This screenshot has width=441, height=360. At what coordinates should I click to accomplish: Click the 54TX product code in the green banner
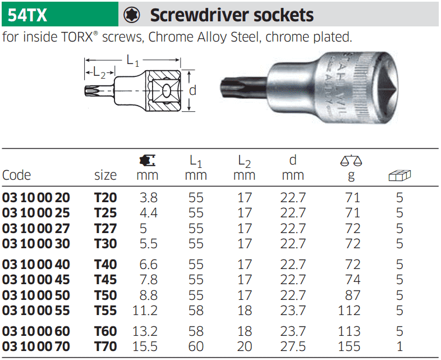tap(27, 15)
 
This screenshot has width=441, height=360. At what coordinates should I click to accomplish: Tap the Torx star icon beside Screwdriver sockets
tap(132, 15)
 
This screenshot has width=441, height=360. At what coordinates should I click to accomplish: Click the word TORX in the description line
tap(77, 37)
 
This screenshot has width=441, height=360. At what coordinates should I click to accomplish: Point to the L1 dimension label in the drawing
tap(133, 61)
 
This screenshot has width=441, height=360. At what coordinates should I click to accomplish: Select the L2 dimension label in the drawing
tap(99, 72)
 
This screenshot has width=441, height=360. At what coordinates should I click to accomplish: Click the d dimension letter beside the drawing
tap(192, 90)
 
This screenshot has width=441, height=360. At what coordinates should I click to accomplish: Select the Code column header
tap(16, 175)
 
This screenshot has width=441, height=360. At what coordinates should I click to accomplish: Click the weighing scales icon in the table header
tap(351, 160)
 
